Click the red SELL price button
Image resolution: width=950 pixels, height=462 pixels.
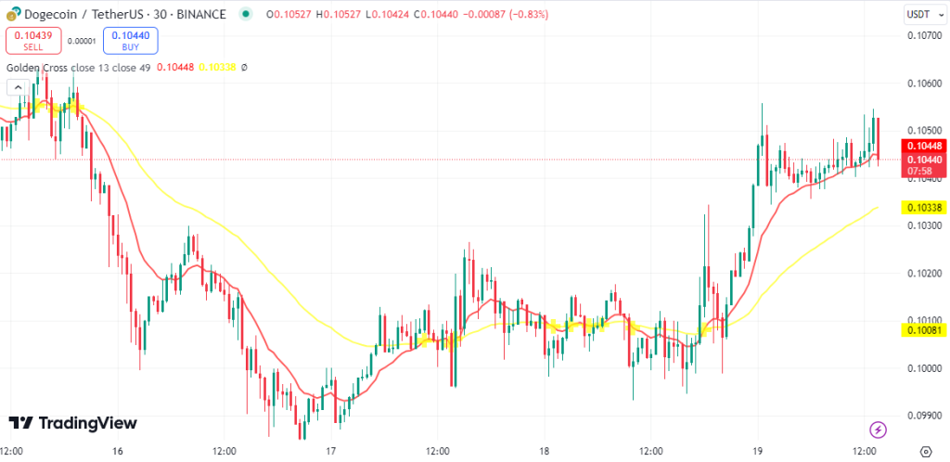click(x=33, y=40)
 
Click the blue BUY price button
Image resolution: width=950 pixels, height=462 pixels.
click(x=130, y=40)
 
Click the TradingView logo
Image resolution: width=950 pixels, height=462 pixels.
click(x=72, y=423)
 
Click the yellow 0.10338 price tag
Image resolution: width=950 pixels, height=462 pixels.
click(x=923, y=206)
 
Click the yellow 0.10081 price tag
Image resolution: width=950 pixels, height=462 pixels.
click(x=923, y=329)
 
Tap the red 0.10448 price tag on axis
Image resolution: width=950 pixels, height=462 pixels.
click(x=923, y=146)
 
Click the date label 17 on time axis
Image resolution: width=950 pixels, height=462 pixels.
click(x=331, y=451)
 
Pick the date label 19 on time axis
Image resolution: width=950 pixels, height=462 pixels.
click(x=758, y=451)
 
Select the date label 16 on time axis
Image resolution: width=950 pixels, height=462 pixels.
click(x=117, y=451)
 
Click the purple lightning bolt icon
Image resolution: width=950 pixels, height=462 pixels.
click(x=878, y=430)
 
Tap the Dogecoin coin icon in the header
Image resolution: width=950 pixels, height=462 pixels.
click(x=12, y=15)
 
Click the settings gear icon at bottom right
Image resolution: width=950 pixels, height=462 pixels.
click(x=924, y=451)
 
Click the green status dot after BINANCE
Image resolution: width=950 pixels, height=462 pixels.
click(x=245, y=15)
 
